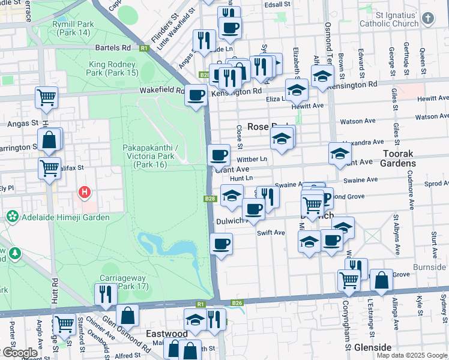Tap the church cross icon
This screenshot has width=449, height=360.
pyautogui.click(x=427, y=18)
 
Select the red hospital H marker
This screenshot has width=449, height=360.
pyautogui.click(x=85, y=193)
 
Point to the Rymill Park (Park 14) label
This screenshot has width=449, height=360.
pyautogui.click(x=73, y=28)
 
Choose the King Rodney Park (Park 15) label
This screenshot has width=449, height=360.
pyautogui.click(x=113, y=68)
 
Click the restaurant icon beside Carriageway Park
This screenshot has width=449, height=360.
pyautogui.click(x=104, y=294)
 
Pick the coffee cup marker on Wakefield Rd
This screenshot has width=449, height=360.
pyautogui.click(x=196, y=95)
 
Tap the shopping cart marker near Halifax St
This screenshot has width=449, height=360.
pyautogui.click(x=49, y=168)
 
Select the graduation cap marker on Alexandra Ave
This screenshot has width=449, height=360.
pyautogui.click(x=340, y=153)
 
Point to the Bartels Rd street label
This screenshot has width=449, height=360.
pyautogui.click(x=112, y=47)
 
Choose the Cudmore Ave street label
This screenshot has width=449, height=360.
pyautogui.click(x=412, y=194)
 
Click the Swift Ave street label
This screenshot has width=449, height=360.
pyautogui.click(x=271, y=233)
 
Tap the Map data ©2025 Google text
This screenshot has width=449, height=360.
pyautogui.click(x=412, y=355)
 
